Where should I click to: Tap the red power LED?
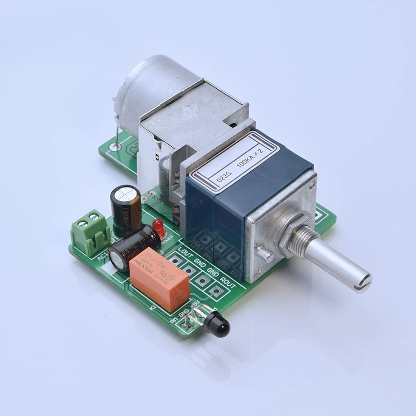[x=158, y=226]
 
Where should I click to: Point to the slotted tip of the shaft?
[x=363, y=281]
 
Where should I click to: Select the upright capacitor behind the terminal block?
[x=125, y=206]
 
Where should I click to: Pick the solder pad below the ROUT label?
[x=214, y=290]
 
